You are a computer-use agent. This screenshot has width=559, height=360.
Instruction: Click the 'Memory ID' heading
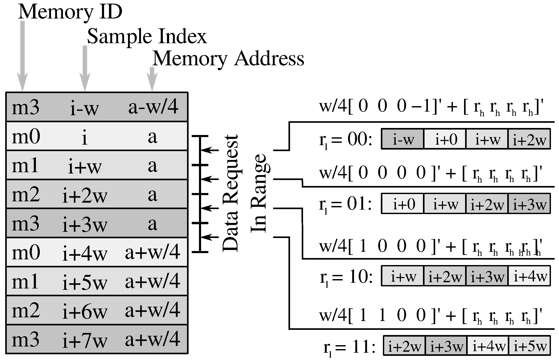pyautogui.click(x=70, y=12)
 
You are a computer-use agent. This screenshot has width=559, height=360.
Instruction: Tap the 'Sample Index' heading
pyautogui.click(x=147, y=36)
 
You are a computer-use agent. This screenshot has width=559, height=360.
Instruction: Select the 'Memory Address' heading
pyautogui.click(x=228, y=59)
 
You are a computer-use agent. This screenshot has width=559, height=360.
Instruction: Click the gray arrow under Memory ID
pyautogui.click(x=22, y=56)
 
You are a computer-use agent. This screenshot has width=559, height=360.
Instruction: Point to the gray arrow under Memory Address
pyautogui.click(x=152, y=78)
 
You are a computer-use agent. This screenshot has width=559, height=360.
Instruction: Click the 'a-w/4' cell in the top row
pyautogui.click(x=153, y=107)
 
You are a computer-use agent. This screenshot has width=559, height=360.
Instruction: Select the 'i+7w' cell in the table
pyautogui.click(x=85, y=340)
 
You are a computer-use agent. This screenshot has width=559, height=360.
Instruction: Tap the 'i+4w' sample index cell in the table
pyautogui.click(x=85, y=253)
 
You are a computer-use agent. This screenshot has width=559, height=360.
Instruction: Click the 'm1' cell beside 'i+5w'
pyautogui.click(x=25, y=282)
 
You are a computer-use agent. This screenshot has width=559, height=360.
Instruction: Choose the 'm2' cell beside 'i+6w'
pyautogui.click(x=26, y=311)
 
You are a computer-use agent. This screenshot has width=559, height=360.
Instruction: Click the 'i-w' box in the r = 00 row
pyautogui.click(x=403, y=139)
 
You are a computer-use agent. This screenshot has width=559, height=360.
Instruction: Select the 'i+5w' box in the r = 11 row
pyautogui.click(x=530, y=346)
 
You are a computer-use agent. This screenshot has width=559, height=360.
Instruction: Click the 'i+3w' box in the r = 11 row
pyautogui.click(x=446, y=346)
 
